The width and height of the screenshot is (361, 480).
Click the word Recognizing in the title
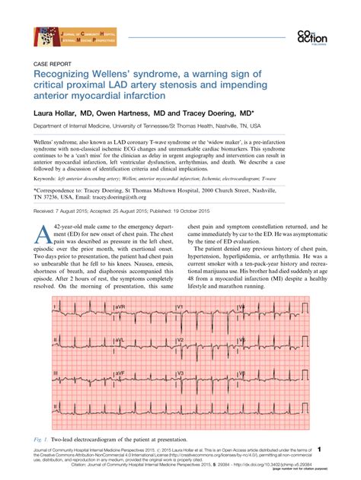pos(62,76)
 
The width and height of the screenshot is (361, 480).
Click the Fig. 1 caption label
pos(43,440)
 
